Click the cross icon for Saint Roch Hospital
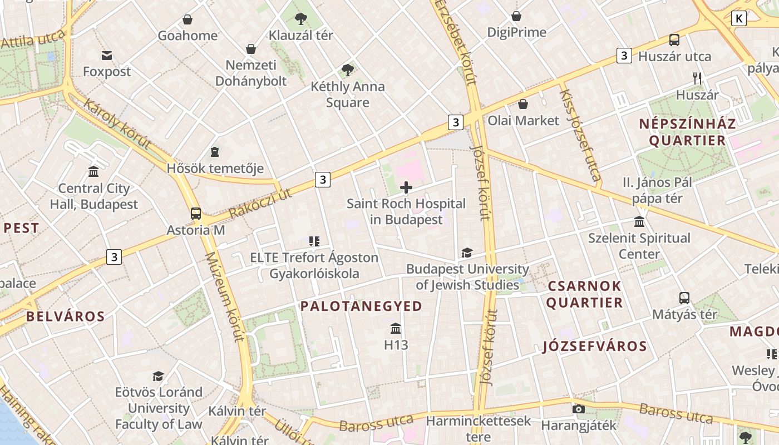[x=406, y=187]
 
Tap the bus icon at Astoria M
[x=196, y=213]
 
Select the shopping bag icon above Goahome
[x=188, y=19]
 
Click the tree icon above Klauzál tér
[x=300, y=19]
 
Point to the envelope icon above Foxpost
[x=107, y=55]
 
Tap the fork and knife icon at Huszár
[x=697, y=78]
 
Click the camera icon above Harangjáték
[x=579, y=409]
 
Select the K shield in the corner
[x=738, y=18]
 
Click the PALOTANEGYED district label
[x=362, y=306]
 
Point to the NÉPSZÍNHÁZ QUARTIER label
[x=688, y=132]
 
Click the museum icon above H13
[x=396, y=328]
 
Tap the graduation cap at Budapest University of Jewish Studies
[x=467, y=253]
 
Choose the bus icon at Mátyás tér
[x=684, y=298]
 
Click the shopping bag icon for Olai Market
[x=523, y=104]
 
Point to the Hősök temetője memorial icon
[x=215, y=152]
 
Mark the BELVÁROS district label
[x=66, y=317]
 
